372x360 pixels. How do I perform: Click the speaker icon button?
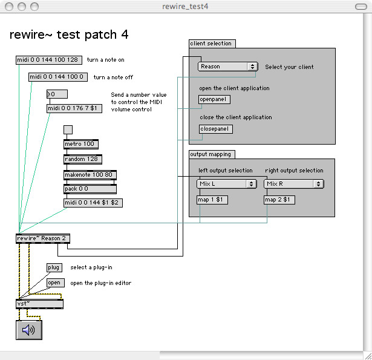(29, 330)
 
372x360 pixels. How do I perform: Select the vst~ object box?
(40, 304)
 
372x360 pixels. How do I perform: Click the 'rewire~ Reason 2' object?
(43, 238)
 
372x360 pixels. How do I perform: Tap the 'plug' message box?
(54, 267)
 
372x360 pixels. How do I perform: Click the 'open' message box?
(56, 283)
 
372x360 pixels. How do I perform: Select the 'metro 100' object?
(81, 144)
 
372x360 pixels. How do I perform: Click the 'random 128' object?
(83, 159)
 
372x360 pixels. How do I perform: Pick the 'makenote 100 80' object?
(90, 175)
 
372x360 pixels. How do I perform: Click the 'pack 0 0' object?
(90, 189)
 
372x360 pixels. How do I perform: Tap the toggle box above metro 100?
(68, 130)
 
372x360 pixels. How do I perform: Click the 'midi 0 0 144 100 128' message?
(49, 60)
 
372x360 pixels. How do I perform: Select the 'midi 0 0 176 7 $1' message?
(74, 108)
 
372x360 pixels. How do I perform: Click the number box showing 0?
(57, 94)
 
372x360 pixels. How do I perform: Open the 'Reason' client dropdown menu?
(228, 67)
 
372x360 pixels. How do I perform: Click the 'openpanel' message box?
(214, 99)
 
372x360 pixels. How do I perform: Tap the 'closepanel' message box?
(216, 129)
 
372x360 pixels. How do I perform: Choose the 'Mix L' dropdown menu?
(227, 184)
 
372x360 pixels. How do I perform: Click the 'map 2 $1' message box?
(279, 200)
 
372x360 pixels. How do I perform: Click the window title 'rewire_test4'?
(185, 7)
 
